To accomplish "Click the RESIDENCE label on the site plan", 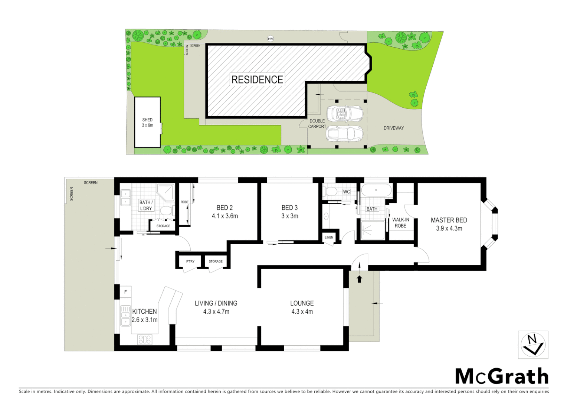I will (257, 79).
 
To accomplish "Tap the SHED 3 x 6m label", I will (147, 123).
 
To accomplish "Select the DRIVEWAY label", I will (393, 128).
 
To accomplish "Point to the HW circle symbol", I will (271, 39).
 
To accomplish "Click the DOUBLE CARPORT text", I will (317, 124).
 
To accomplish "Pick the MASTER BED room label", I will (449, 224).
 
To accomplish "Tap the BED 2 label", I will (224, 212).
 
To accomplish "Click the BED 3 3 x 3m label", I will (289, 212).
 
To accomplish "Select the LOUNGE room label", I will (302, 307).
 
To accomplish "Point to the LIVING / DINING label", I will (216, 307).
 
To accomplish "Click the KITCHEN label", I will (145, 315).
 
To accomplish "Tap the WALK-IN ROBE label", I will (400, 222).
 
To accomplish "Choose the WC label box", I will (346, 192).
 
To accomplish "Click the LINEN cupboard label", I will (329, 237).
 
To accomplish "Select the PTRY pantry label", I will (190, 261).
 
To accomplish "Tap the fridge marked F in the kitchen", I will (125, 292).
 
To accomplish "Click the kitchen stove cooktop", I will (144, 339).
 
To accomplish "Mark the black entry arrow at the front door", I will (359, 278).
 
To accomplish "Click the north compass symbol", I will (532, 345).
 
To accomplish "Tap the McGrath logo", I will (501, 376).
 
